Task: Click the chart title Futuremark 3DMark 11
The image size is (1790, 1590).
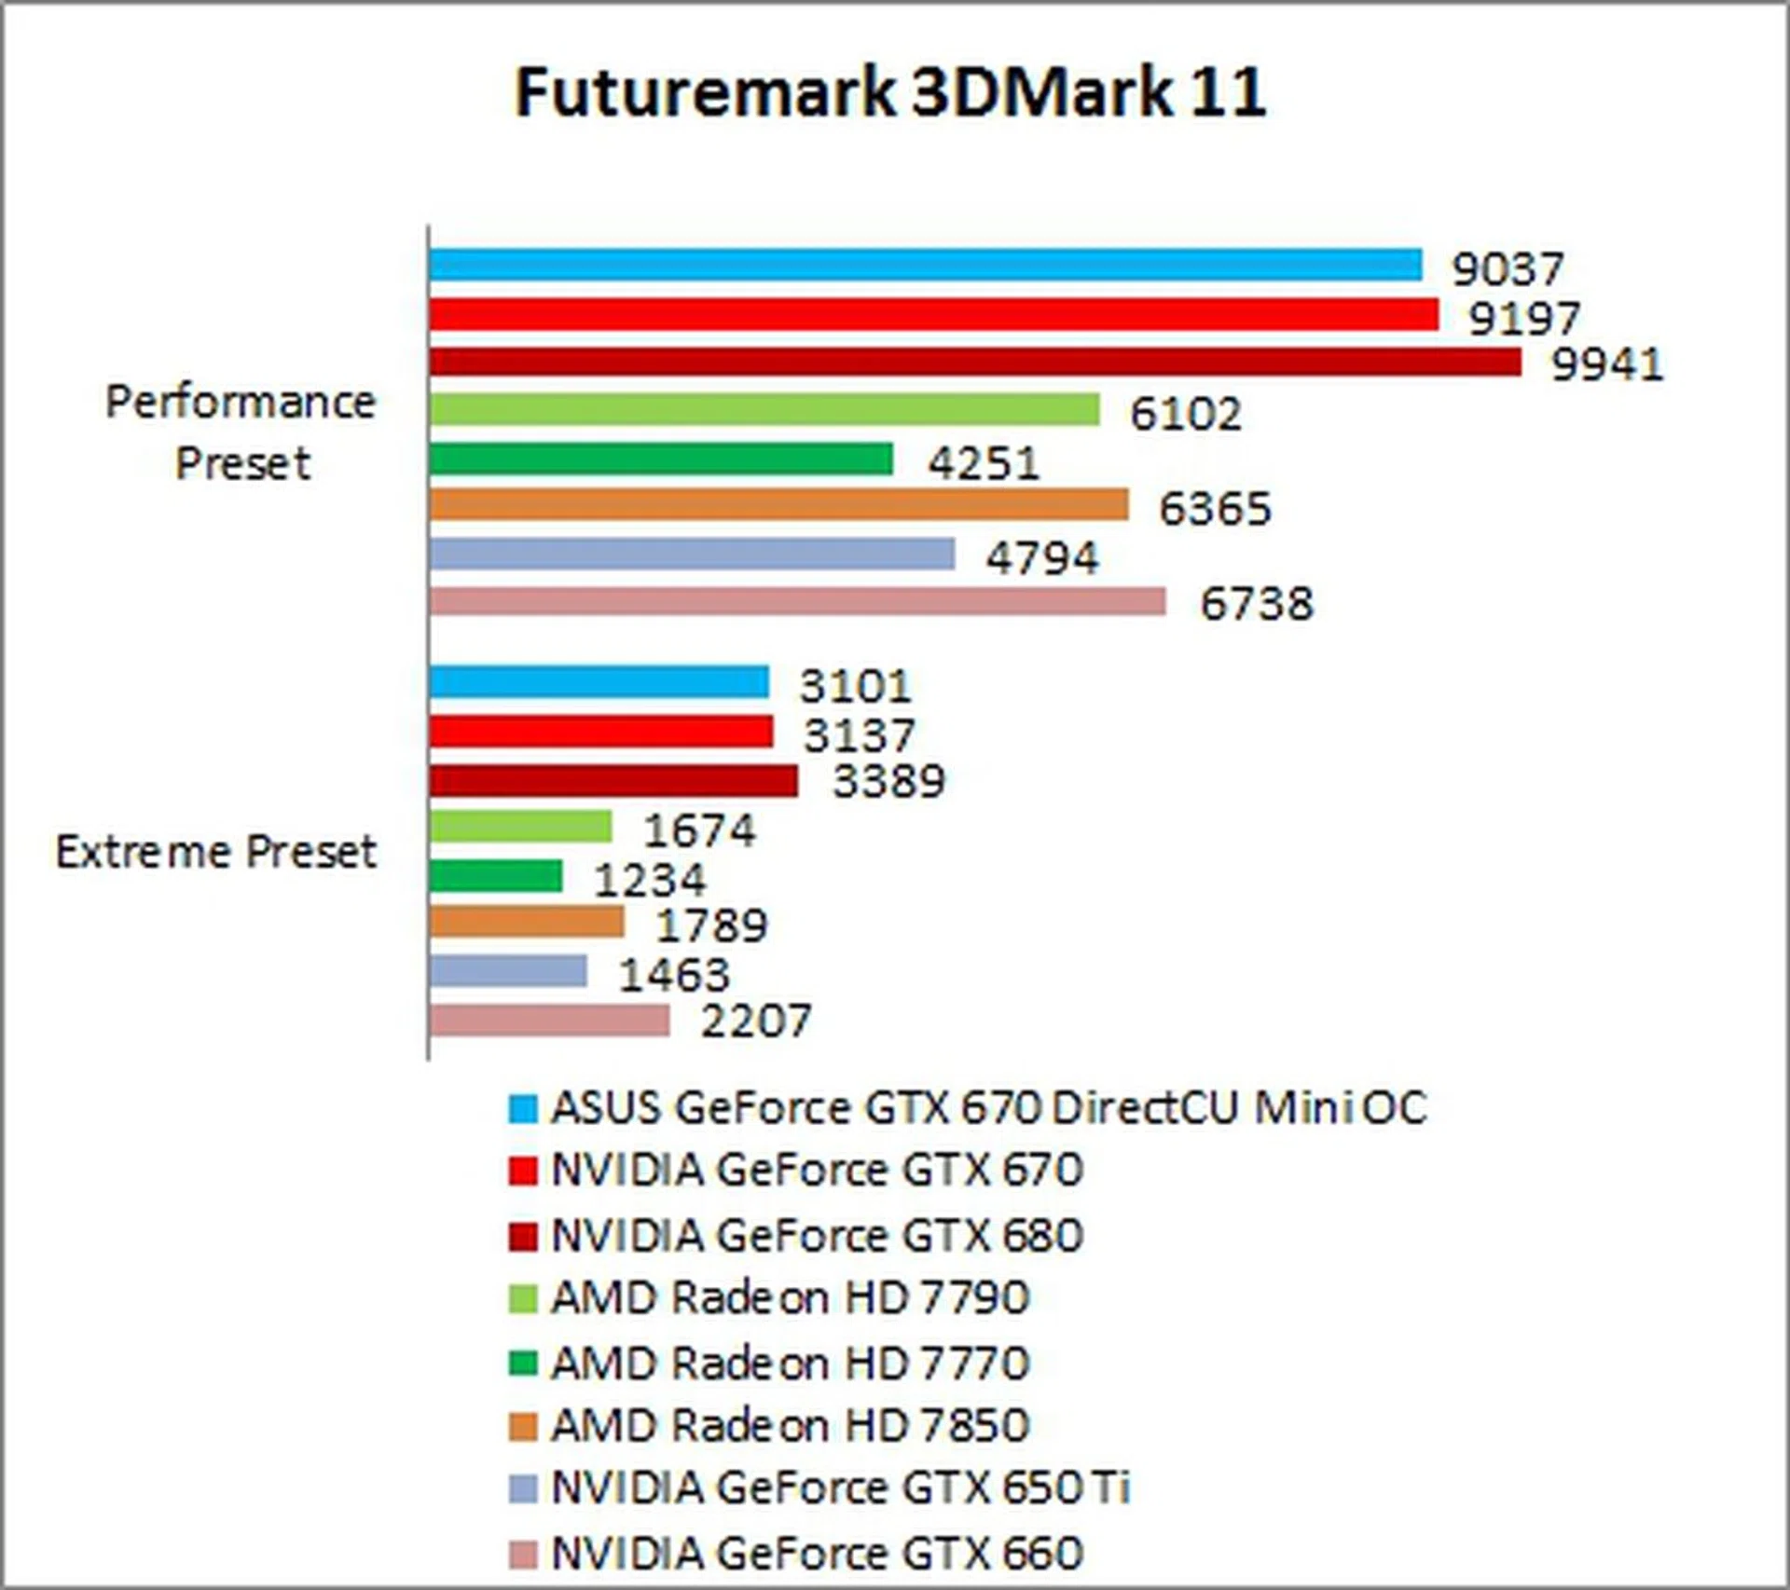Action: pos(890,92)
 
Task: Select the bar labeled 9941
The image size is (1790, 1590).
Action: pos(974,362)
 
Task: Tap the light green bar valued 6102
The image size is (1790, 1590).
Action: pos(764,410)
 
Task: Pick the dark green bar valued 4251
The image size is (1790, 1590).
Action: pos(661,459)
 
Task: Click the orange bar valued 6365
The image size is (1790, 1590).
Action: pos(778,506)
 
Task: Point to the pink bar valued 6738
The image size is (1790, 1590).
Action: pos(797,602)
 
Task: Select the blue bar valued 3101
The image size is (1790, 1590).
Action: pos(599,682)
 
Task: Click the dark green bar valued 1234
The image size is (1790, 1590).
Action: pos(496,876)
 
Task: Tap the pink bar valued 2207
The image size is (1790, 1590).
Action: pos(549,1021)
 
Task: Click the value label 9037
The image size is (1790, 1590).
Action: pos(1507,269)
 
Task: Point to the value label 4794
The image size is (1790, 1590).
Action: pos(1042,557)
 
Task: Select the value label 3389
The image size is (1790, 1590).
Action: pos(888,781)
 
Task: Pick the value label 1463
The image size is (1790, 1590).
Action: pos(674,975)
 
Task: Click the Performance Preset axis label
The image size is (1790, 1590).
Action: pos(241,432)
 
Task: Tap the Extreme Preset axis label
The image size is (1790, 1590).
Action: pos(216,852)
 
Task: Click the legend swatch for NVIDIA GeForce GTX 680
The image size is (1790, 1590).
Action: pos(523,1237)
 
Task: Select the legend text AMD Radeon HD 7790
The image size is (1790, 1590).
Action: pos(790,1297)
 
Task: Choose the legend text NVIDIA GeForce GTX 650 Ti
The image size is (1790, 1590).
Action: pos(840,1487)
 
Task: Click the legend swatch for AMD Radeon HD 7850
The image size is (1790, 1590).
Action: pos(523,1426)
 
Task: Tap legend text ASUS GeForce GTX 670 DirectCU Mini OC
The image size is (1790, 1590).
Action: pos(988,1108)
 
